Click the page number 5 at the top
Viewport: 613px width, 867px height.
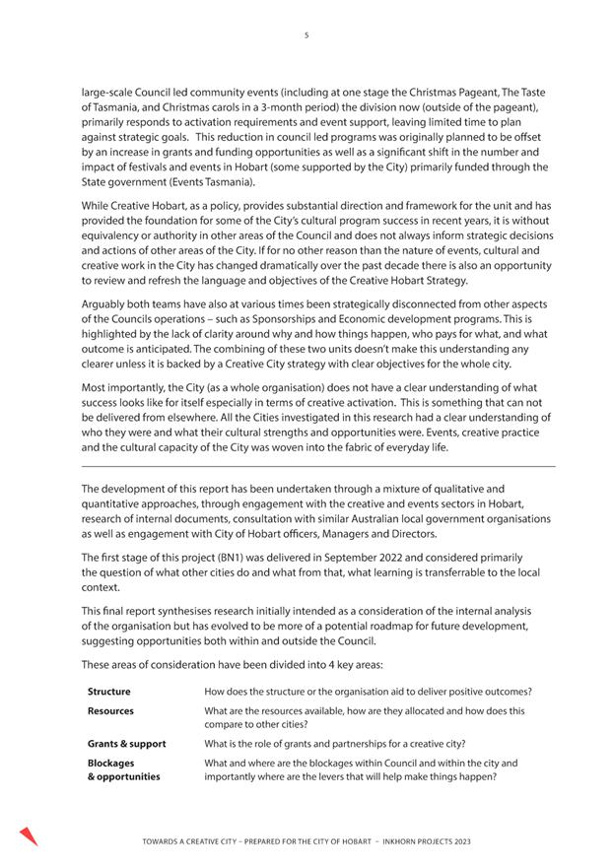pyautogui.click(x=306, y=35)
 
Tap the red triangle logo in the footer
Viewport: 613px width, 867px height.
pyautogui.click(x=28, y=836)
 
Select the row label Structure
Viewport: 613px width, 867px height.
pyautogui.click(x=108, y=692)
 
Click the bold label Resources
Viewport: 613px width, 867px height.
pyautogui.click(x=110, y=710)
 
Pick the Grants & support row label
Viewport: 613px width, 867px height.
pyautogui.click(x=126, y=744)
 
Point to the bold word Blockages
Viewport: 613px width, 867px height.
pyautogui.click(x=110, y=763)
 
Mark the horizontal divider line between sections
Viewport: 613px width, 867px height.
pyautogui.click(x=317, y=466)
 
